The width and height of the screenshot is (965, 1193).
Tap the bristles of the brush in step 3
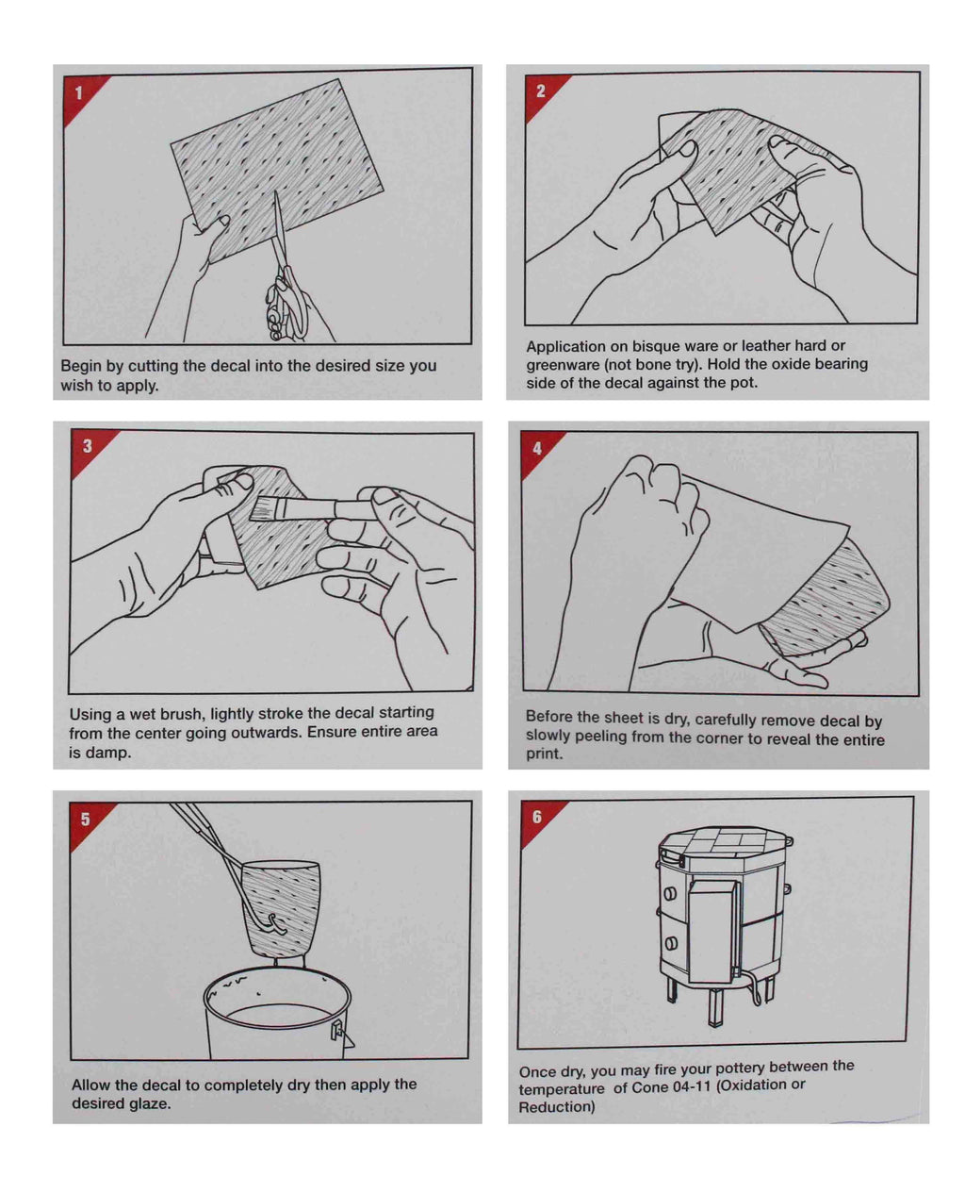266,509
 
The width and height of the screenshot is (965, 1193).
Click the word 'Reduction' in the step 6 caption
556,1107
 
